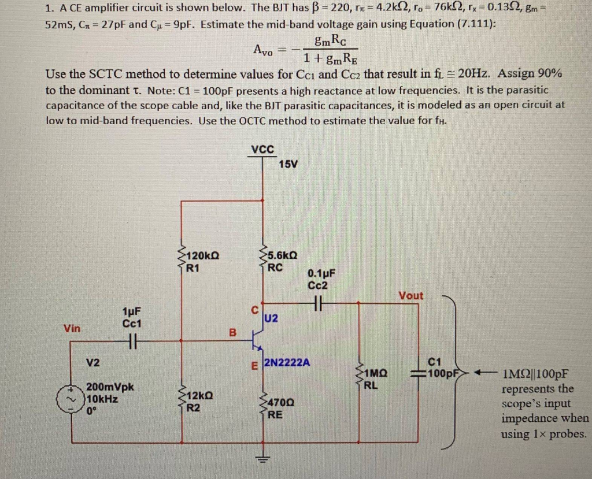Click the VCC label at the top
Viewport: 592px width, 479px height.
[x=263, y=148]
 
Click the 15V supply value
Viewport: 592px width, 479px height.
[x=288, y=164]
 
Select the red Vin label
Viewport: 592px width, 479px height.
[x=72, y=328]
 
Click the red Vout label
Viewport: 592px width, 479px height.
[x=410, y=295]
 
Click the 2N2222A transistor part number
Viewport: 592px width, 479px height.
[x=287, y=363]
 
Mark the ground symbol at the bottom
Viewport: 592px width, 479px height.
[x=264, y=460]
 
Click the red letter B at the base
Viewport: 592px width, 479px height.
[x=233, y=332]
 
